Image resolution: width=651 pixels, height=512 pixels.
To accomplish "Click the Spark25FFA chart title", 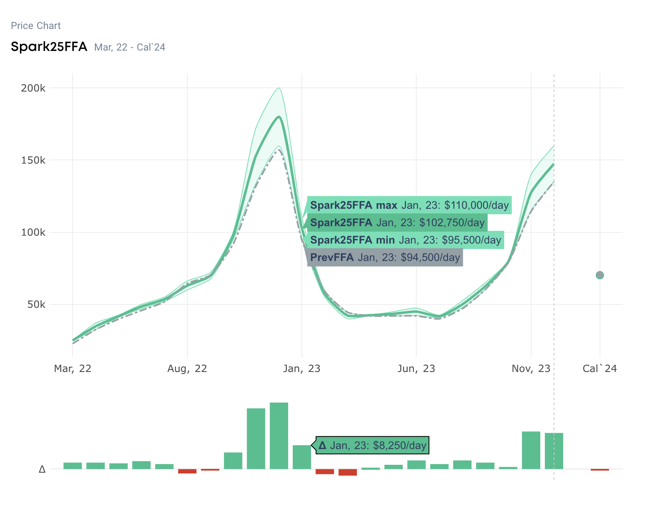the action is click(49, 47).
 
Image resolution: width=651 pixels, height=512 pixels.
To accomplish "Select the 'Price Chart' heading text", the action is click(36, 26).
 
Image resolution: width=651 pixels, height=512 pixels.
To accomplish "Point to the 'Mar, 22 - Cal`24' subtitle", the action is click(130, 48).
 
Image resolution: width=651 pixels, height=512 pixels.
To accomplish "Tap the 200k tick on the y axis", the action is click(33, 88).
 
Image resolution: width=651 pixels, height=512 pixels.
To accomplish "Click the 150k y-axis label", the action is click(33, 160).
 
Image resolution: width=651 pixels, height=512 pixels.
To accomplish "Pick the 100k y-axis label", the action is click(33, 232).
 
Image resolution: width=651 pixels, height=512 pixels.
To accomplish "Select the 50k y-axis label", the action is click(36, 304).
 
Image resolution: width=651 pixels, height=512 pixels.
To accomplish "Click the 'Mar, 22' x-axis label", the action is click(73, 368).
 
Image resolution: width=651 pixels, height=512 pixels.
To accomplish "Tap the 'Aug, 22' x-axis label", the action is click(187, 368).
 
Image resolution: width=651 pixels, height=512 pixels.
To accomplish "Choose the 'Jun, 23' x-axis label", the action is click(416, 368).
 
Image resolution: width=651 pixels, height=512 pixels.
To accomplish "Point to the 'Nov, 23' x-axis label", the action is click(531, 368).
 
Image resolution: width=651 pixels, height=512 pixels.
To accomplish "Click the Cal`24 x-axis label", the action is click(600, 368).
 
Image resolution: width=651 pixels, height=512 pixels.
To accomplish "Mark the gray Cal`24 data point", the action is click(600, 275).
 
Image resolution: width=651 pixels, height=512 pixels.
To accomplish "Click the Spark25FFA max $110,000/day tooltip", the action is click(409, 205).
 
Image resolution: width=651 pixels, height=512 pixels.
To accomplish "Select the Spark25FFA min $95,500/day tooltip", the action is click(406, 240).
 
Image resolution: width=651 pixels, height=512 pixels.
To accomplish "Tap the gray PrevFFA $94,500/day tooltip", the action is click(385, 258).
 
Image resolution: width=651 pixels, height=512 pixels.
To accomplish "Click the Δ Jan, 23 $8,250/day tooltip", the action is click(372, 445).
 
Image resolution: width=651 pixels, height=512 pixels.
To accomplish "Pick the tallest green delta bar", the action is click(279, 436).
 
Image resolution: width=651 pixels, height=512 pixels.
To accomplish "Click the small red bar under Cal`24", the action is click(600, 470).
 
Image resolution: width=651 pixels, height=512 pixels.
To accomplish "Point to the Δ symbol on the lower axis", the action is click(42, 469).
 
